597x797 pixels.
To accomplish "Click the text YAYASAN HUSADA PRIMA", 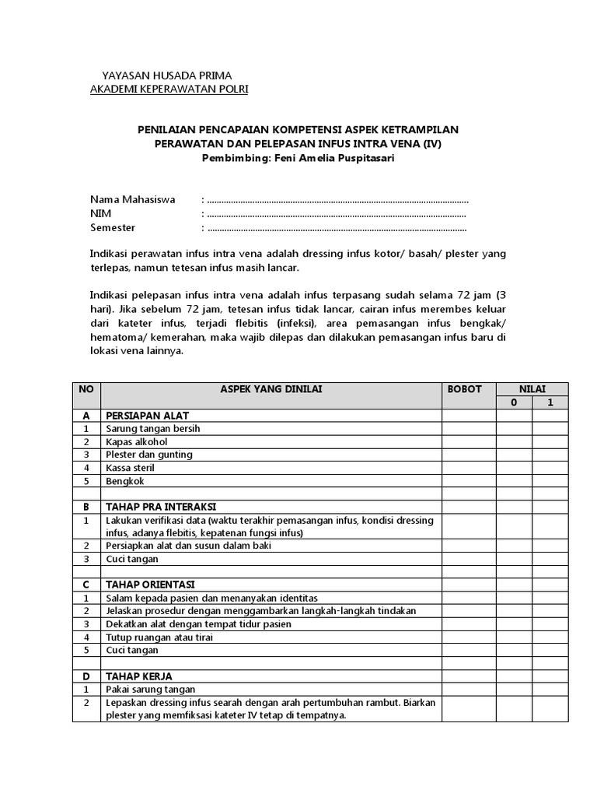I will click(x=167, y=75).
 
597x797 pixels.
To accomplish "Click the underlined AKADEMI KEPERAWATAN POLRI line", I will click(x=169, y=90).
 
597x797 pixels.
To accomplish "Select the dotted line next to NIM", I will click(x=337, y=214).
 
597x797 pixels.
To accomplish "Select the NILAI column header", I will click(x=532, y=388).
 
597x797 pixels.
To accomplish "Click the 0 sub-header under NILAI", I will click(x=513, y=402).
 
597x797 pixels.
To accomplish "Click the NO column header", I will click(x=86, y=388).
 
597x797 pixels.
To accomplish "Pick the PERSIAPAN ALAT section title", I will click(x=148, y=415).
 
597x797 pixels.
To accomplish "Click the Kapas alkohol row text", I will click(x=137, y=441).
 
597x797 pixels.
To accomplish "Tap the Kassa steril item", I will click(x=131, y=468).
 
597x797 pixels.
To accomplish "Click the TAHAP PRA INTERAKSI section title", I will click(x=161, y=506).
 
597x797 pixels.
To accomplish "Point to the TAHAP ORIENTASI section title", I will click(x=150, y=584).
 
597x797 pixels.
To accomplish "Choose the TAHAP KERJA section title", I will click(x=139, y=676).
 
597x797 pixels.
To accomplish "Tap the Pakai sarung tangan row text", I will click(x=151, y=689).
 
